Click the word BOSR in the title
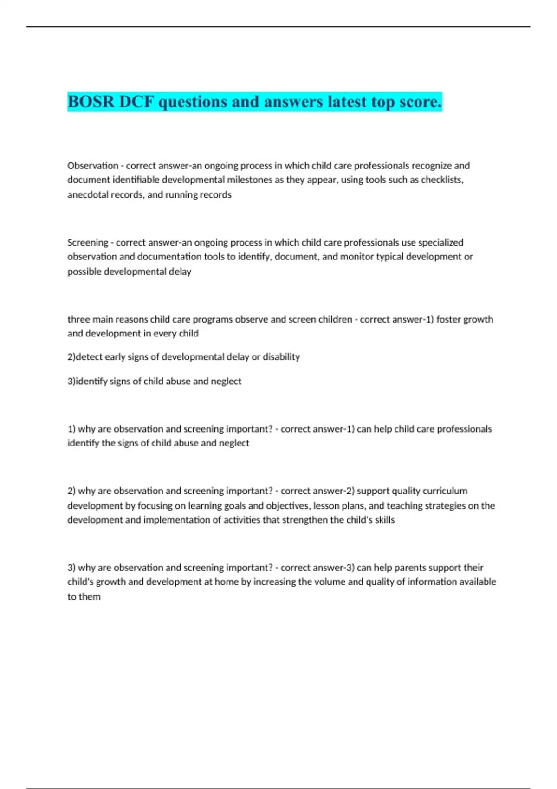91,102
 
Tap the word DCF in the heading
136,102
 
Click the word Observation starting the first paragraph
93,166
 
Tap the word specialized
440,242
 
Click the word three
78,319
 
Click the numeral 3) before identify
71,382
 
